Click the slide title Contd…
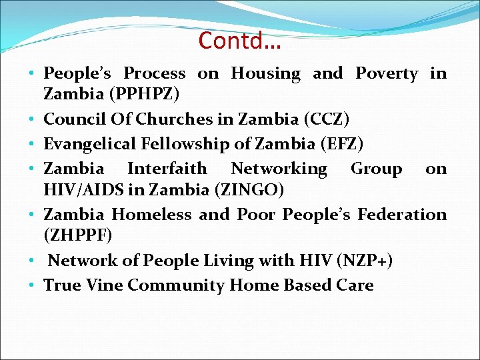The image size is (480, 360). tap(240, 41)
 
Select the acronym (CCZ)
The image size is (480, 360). tap(326, 119)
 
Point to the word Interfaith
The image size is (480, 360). tap(167, 169)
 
